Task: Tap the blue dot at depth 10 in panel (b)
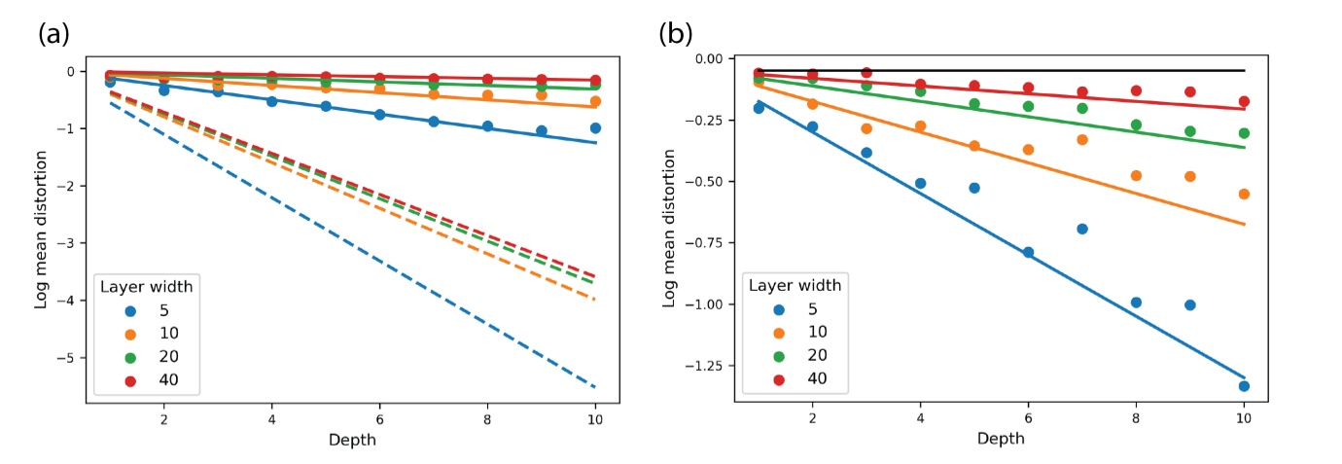[x=1244, y=386]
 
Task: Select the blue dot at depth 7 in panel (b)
[x=1082, y=229]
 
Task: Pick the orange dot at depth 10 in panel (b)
[x=1244, y=194]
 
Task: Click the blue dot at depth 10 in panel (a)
[x=595, y=128]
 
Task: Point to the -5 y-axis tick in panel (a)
[x=69, y=358]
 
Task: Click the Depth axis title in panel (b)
[x=1002, y=440]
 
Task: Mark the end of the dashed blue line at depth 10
[x=595, y=387]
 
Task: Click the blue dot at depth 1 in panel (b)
[x=759, y=108]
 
